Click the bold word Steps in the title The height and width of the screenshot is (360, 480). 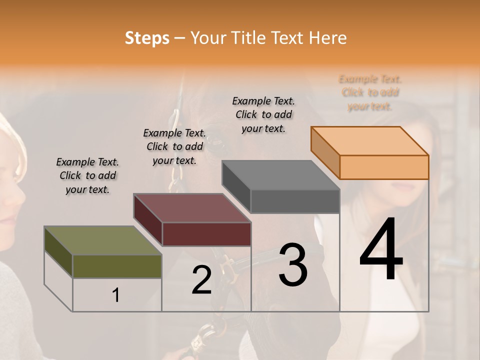point(147,38)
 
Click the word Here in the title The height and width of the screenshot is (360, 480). point(327,38)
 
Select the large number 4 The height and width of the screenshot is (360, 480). point(381,251)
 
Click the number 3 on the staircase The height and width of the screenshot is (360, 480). point(293,265)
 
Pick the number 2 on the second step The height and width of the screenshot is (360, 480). point(201,280)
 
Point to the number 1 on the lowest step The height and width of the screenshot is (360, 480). point(116,295)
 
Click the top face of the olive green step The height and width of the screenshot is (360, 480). point(102,240)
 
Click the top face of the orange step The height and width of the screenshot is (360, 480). point(369,140)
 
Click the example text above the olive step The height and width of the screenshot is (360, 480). point(87,175)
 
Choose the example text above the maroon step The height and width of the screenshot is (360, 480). point(174,146)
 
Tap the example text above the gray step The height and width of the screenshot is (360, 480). point(263,114)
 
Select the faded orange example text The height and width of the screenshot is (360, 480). point(370,92)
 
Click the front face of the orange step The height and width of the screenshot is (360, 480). point(384,167)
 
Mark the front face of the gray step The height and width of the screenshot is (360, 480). point(295,201)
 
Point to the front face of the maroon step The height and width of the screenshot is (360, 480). point(206,234)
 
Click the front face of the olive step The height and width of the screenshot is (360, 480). point(117,266)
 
